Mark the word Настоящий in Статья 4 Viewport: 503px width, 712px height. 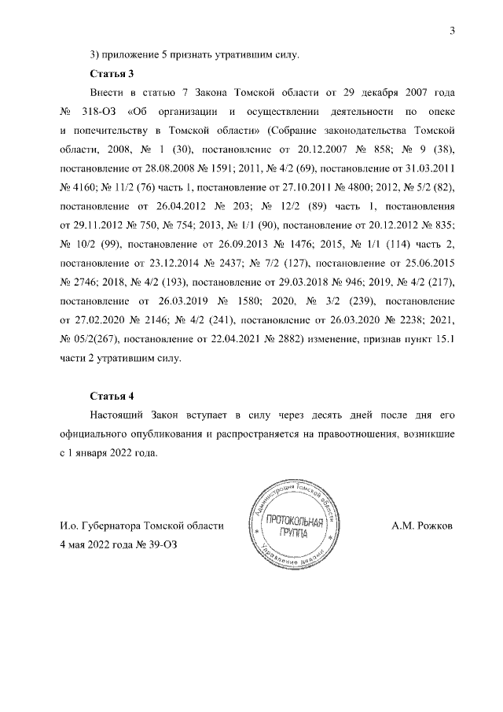pos(121,415)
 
